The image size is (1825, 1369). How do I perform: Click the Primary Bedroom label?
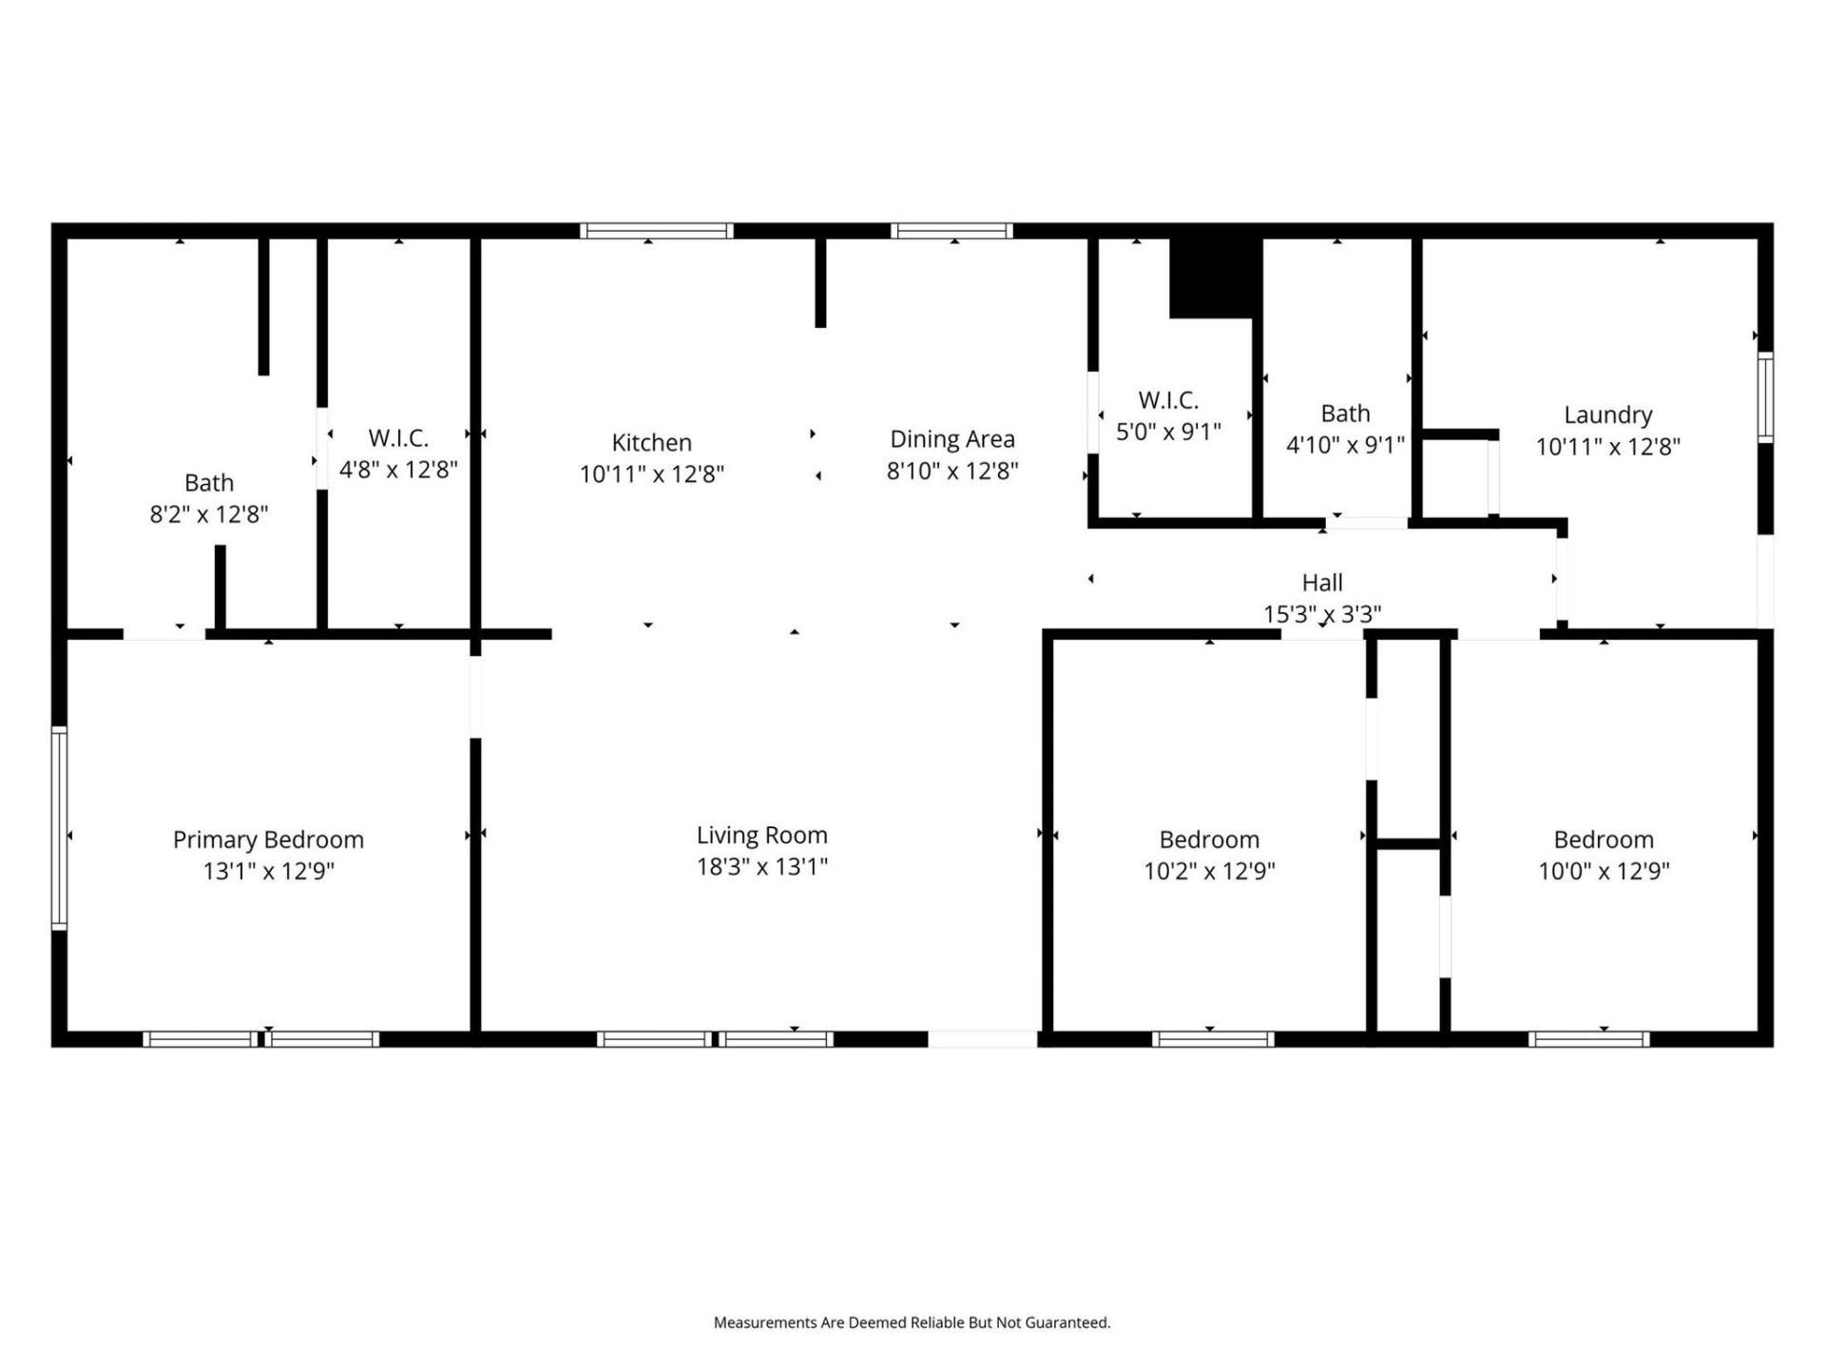coord(268,839)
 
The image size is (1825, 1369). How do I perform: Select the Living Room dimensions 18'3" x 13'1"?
coord(761,866)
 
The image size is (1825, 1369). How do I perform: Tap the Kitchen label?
coord(651,442)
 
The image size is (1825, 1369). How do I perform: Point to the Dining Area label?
coord(951,439)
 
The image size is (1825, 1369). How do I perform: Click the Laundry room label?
coord(1607,415)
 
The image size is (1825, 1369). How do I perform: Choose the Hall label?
coord(1321,583)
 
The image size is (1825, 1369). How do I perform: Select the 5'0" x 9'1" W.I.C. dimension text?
coord(1168,432)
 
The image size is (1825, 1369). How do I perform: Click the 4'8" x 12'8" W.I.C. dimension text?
coord(398,470)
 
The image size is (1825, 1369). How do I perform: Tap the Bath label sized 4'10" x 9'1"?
coord(1345,414)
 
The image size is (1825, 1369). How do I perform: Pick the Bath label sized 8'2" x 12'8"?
coord(209,483)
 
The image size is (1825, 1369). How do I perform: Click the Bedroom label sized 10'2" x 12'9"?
coord(1209,839)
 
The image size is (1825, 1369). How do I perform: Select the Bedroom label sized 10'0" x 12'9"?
coord(1604,839)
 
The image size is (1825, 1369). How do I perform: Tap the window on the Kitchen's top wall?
coord(656,231)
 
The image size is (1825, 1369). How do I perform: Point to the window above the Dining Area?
coord(951,231)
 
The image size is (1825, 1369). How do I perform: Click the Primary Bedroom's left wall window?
coord(59,827)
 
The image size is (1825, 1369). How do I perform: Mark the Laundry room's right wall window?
coord(1765,396)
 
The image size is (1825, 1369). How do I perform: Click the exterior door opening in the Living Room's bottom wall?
coord(982,1039)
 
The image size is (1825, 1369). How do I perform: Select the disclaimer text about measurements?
coord(912,1322)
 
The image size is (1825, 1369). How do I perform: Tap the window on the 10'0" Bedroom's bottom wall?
coord(1588,1039)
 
